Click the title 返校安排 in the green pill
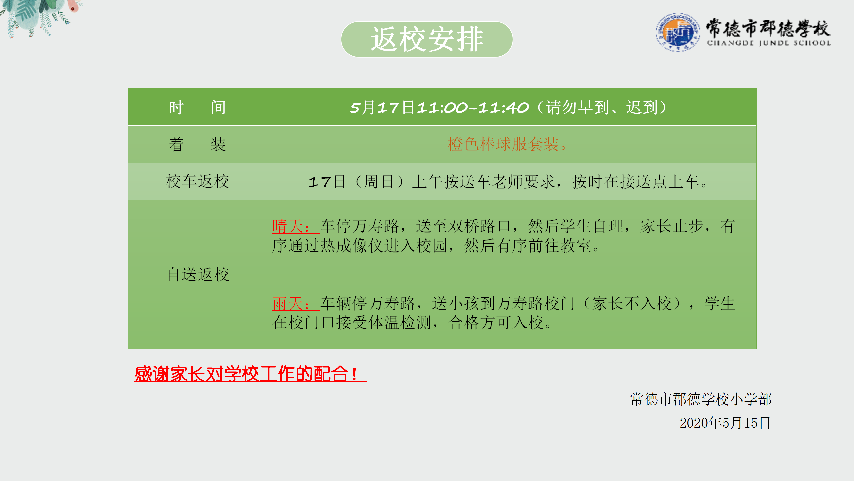pyautogui.click(x=427, y=39)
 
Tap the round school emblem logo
pyautogui.click(x=678, y=32)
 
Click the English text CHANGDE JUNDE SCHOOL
pyautogui.click(x=769, y=43)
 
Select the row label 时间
pyautogui.click(x=197, y=108)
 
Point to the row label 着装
pyautogui.click(x=197, y=145)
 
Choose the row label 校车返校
pyautogui.click(x=197, y=181)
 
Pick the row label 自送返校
pyautogui.click(x=198, y=275)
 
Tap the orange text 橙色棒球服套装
pyautogui.click(x=503, y=144)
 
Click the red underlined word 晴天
pyautogui.click(x=288, y=226)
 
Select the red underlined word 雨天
pyautogui.click(x=288, y=304)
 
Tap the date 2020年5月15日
pyautogui.click(x=725, y=423)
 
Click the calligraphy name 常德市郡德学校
pyautogui.click(x=768, y=28)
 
